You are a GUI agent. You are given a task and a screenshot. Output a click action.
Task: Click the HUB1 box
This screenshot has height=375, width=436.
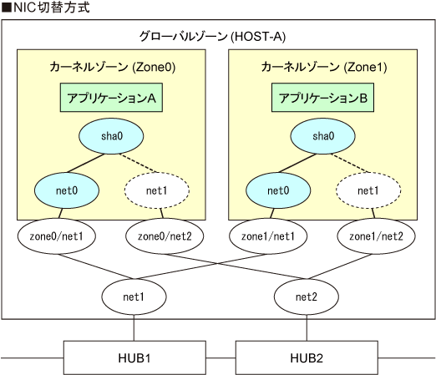click(x=134, y=357)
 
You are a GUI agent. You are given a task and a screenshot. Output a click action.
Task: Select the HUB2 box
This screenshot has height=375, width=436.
click(x=307, y=357)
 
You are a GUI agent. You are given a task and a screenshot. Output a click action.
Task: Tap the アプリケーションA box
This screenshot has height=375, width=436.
click(x=111, y=98)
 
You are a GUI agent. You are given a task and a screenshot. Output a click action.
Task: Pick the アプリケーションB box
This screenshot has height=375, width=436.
click(x=322, y=98)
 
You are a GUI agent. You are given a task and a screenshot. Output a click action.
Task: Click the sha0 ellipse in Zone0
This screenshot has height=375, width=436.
click(x=111, y=136)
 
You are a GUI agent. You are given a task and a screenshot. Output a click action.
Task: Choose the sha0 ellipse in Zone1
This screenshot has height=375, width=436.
click(x=322, y=136)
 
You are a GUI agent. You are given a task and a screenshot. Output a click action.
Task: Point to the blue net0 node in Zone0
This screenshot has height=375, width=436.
click(x=67, y=190)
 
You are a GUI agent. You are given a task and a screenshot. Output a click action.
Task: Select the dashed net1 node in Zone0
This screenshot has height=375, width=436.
click(x=157, y=190)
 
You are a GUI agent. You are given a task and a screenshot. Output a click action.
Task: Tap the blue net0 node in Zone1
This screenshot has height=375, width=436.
click(x=278, y=190)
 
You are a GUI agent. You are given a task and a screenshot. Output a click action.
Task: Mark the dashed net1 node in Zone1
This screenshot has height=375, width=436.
click(x=368, y=190)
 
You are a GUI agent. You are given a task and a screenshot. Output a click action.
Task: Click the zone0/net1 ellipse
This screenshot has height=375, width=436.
click(x=57, y=236)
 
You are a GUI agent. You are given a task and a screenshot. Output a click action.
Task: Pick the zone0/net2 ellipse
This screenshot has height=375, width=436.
click(x=165, y=236)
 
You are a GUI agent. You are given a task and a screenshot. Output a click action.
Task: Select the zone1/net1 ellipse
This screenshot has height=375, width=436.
click(x=268, y=236)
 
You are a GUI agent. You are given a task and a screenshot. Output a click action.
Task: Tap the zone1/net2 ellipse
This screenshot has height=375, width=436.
click(x=376, y=236)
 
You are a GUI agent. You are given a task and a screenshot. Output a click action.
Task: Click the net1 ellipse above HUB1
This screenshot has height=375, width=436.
click(x=134, y=296)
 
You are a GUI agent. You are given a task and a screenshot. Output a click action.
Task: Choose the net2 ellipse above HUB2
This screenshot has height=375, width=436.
click(x=307, y=296)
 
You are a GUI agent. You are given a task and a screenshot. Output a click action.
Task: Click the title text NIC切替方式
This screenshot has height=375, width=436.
click(x=46, y=8)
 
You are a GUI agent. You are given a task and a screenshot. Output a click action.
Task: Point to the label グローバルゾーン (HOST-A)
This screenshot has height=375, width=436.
click(x=212, y=37)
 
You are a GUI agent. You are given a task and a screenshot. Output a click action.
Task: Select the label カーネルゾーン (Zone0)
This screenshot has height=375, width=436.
click(x=113, y=67)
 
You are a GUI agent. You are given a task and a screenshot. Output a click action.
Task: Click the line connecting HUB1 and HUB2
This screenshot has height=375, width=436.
click(x=221, y=358)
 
